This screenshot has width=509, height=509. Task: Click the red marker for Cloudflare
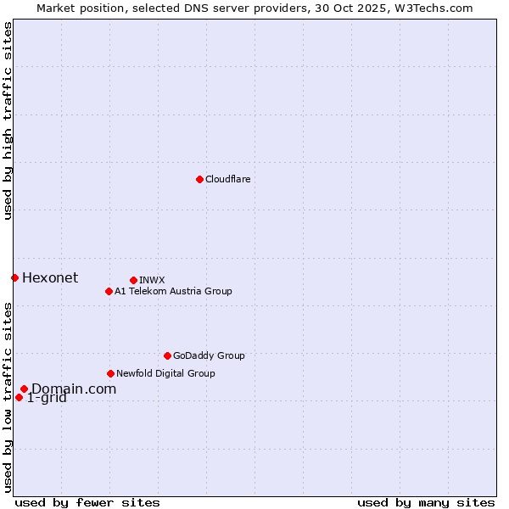point(199,179)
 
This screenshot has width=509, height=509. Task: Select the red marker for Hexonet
point(14,277)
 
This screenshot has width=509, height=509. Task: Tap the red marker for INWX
point(133,280)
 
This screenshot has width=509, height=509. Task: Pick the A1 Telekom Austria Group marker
point(109,291)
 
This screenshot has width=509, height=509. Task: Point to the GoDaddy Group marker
point(167,355)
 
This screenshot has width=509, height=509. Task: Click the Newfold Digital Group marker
point(110,373)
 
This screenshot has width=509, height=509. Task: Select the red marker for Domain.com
point(24,389)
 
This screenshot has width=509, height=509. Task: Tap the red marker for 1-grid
point(19,397)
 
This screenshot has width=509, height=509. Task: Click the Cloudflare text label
point(227,179)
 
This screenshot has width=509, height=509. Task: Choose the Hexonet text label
point(50,277)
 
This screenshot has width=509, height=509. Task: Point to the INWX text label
point(152,280)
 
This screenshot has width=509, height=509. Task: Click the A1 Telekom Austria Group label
point(173,291)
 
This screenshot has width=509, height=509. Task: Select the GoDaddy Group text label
point(209,355)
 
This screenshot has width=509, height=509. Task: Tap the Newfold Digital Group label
point(165,373)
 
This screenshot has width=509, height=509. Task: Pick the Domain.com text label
point(74,389)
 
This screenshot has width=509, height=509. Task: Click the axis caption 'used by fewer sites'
point(87,502)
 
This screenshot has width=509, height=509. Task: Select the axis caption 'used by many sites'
point(426,502)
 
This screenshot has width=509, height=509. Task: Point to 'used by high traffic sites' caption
point(8,120)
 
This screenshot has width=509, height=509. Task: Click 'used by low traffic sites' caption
point(8,397)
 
